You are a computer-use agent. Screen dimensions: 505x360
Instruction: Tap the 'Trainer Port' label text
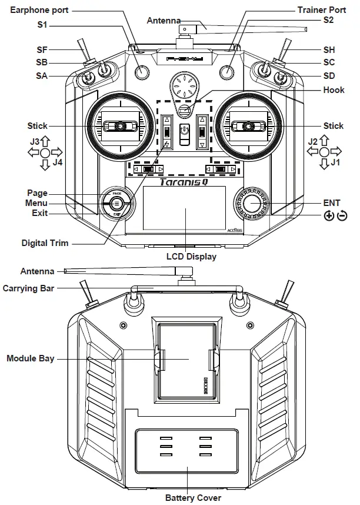[322, 10]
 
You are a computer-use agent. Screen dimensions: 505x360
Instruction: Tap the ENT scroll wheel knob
[253, 202]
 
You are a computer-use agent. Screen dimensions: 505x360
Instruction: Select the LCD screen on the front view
[184, 208]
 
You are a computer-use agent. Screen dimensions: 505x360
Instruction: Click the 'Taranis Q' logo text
[184, 182]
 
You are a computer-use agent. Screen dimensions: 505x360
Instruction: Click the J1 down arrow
[324, 165]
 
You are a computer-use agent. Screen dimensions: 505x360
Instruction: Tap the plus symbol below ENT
[328, 215]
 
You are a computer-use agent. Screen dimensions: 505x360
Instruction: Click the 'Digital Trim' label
[45, 242]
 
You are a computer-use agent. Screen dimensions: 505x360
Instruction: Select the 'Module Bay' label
[30, 358]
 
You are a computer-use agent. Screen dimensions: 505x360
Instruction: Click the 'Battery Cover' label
[193, 498]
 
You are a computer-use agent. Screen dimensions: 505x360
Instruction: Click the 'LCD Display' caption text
[192, 257]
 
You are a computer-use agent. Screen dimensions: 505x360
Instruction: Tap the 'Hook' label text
[333, 90]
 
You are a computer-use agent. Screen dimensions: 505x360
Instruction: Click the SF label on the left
[42, 50]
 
